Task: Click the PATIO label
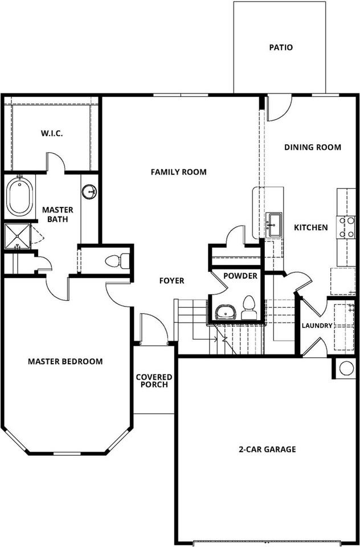[x=281, y=47]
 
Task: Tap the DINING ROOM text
[x=313, y=147]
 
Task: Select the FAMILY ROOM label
[x=178, y=172]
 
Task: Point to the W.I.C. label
[x=51, y=133]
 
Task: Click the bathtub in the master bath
[x=20, y=197]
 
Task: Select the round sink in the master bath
[x=89, y=192]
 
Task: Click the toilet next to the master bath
[x=116, y=262]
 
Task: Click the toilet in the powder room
[x=249, y=308]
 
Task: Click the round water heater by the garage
[x=346, y=368]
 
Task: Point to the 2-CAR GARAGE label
[x=267, y=449]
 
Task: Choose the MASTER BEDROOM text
[x=66, y=361]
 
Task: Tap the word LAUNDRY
[x=316, y=325]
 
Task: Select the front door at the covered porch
[x=152, y=329]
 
